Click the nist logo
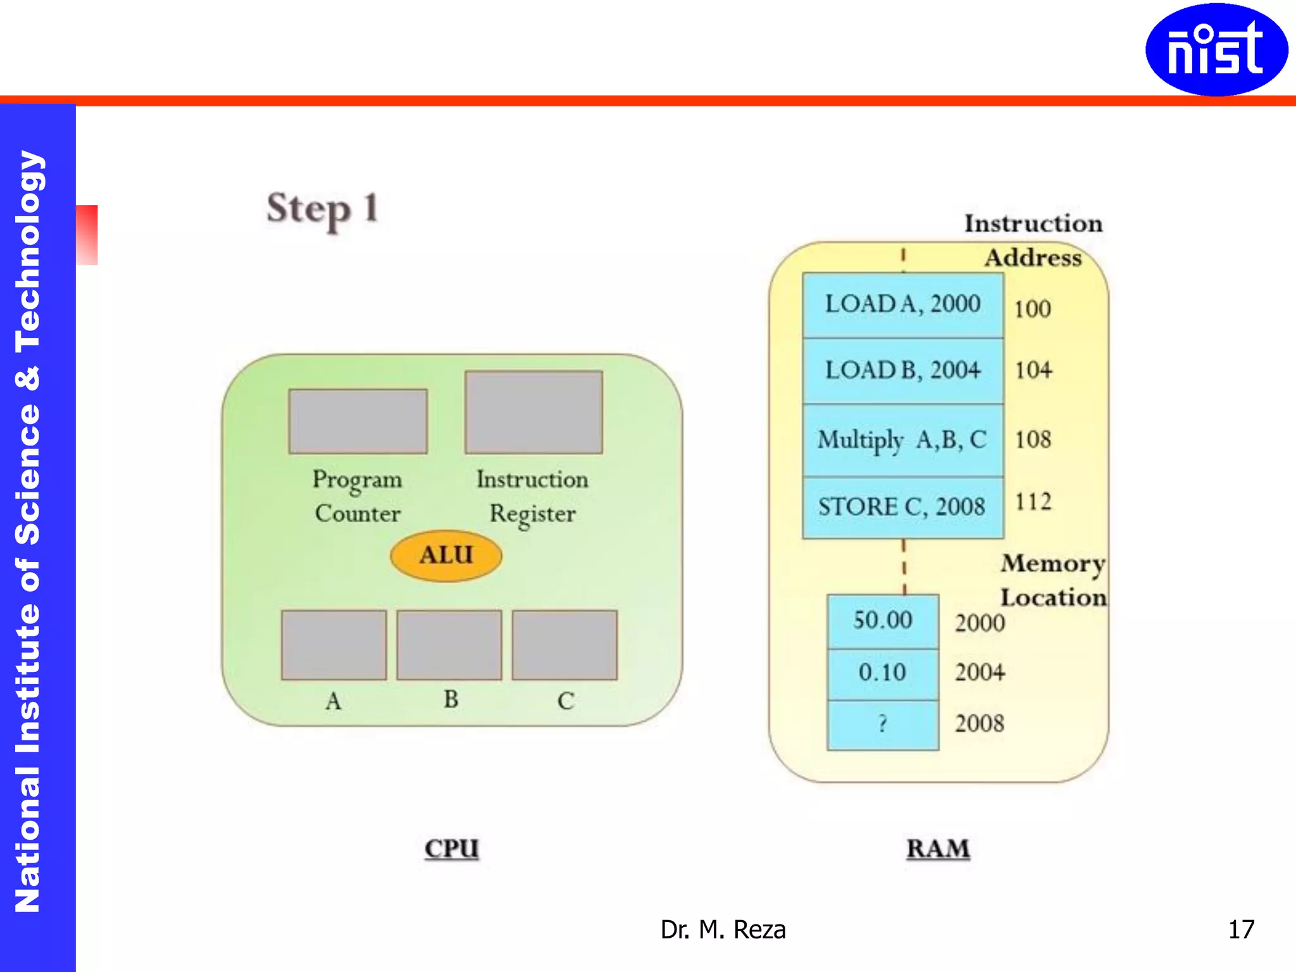point(1216,50)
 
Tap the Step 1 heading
point(323,209)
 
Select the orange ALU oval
point(446,556)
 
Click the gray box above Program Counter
point(358,421)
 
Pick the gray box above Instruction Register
point(533,413)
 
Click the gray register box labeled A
point(333,645)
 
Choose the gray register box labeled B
point(449,645)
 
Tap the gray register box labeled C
point(564,645)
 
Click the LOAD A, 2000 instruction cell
point(903,305)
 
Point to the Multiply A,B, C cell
point(903,440)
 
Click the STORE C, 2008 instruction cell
point(903,507)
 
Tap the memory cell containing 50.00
point(883,621)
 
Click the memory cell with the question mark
point(883,725)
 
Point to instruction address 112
point(1033,502)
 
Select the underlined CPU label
point(452,849)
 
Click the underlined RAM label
point(938,849)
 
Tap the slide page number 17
point(1241,930)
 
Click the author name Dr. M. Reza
point(723,930)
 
